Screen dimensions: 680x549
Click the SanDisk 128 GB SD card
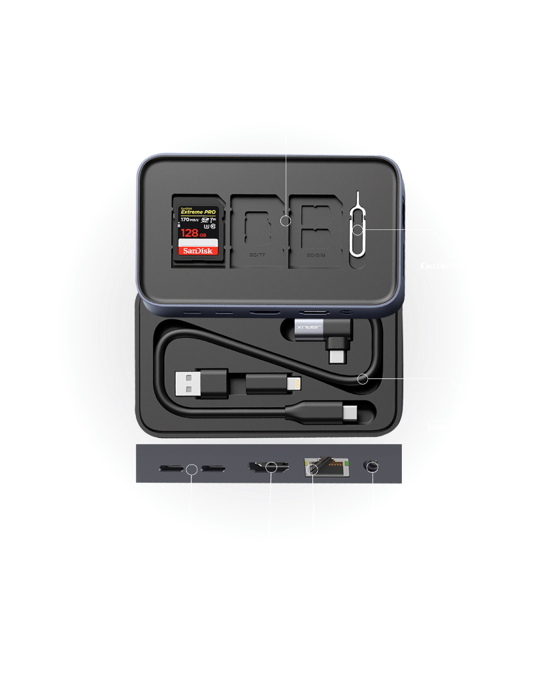197,230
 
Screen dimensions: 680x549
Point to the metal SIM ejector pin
357,229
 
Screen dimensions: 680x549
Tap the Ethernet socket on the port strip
324,467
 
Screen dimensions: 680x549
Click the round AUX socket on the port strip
372,467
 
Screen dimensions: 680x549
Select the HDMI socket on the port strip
269,467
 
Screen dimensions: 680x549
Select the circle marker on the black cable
363,379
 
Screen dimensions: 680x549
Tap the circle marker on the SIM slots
286,221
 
